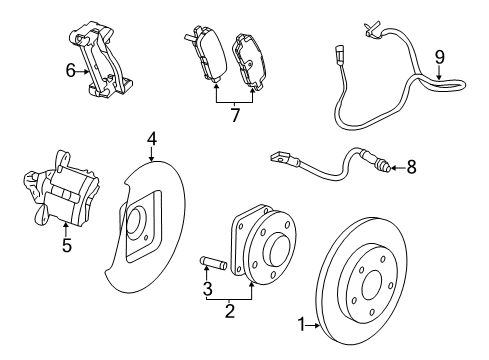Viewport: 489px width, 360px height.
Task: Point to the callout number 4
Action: point(152,138)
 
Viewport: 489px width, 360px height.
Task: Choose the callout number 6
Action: point(71,70)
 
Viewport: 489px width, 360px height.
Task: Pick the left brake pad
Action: point(204,50)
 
